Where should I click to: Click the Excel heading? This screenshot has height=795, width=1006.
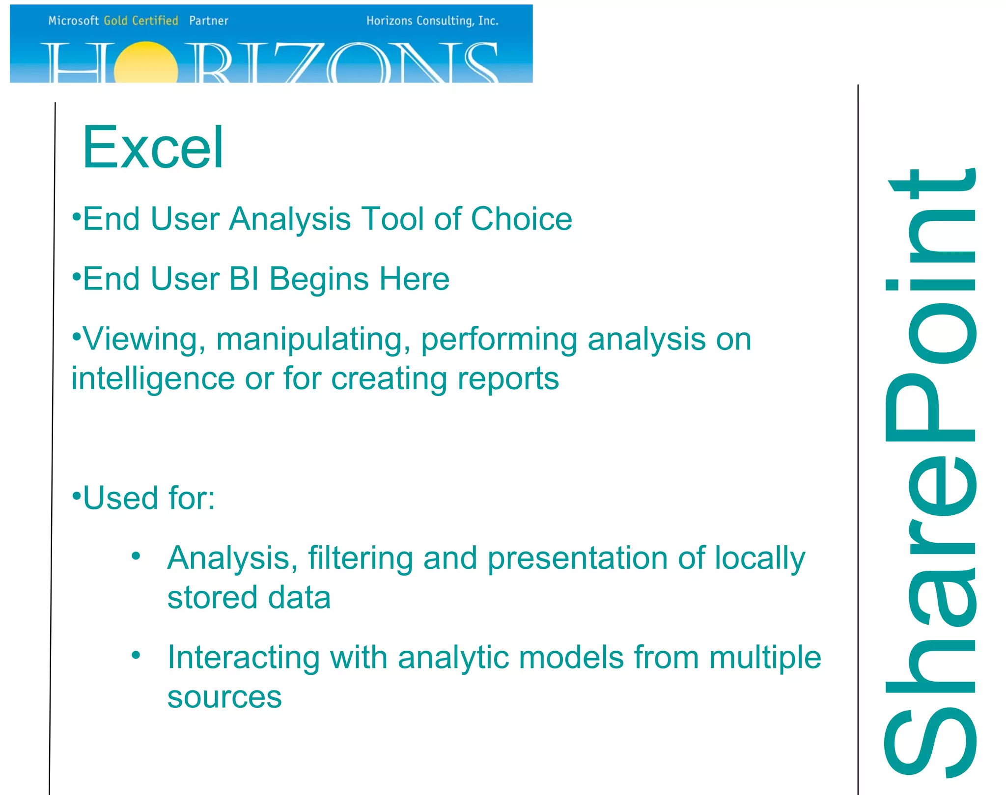(153, 148)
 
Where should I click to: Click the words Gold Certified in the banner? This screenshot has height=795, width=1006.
(140, 21)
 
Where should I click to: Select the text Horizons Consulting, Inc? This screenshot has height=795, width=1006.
(432, 21)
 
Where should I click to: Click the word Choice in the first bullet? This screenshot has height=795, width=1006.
(521, 219)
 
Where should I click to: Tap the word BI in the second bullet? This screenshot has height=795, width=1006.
(244, 279)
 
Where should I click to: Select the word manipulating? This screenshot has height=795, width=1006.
(313, 340)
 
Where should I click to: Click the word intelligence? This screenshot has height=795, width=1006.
(153, 379)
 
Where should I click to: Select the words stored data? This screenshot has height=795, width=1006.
(249, 598)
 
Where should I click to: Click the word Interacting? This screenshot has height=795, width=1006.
(244, 658)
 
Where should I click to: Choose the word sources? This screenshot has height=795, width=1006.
(224, 697)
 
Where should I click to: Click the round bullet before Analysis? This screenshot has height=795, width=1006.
(136, 556)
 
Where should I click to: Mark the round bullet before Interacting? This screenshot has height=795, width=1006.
(136, 655)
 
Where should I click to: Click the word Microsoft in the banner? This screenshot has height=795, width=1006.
(74, 21)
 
